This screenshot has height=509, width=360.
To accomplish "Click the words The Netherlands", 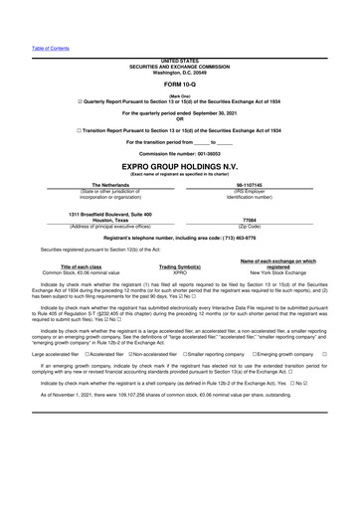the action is click(96, 185).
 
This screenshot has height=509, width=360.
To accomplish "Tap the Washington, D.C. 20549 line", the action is click(179, 70).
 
